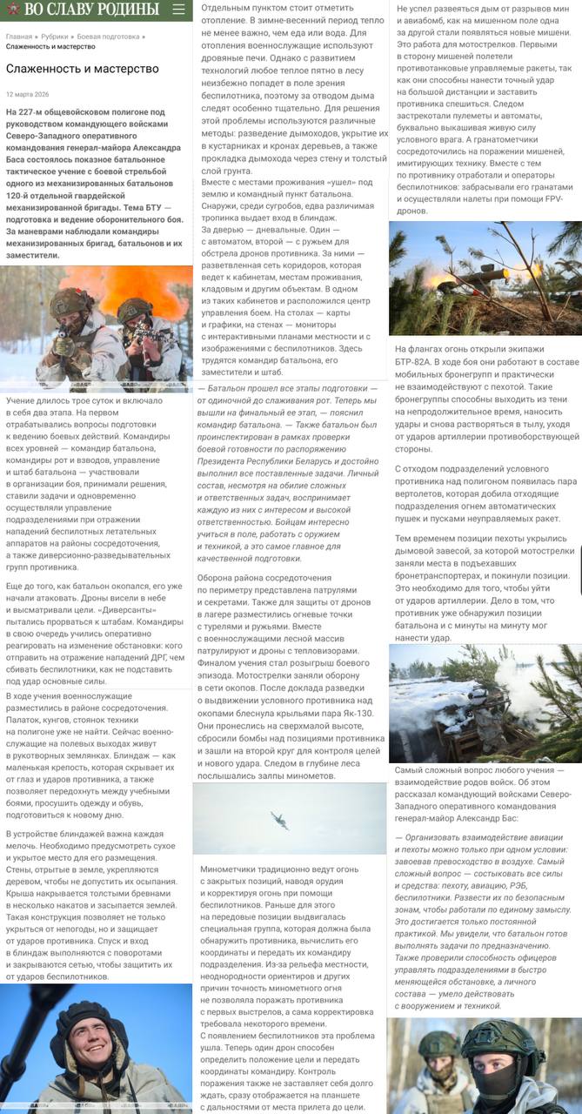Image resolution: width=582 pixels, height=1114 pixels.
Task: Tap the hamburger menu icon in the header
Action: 178,10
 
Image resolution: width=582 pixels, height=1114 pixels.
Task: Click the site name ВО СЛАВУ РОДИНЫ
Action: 91,10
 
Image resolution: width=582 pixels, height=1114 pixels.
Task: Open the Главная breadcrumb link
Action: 19,37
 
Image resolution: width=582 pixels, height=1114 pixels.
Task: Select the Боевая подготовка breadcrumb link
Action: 108,37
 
